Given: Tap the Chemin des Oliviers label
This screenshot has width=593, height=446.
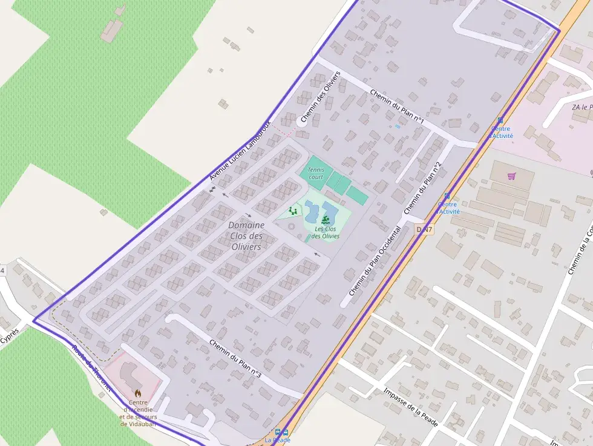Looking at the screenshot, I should [x=321, y=98].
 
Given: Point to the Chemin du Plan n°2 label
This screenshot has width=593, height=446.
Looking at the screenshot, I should [x=423, y=188].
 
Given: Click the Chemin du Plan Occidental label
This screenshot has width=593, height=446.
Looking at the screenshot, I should [x=375, y=262].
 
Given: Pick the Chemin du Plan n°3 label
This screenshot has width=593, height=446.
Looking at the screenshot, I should [x=235, y=359].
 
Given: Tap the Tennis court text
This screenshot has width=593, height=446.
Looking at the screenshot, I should [x=316, y=173].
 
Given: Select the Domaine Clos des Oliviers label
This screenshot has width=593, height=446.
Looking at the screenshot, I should [x=246, y=235].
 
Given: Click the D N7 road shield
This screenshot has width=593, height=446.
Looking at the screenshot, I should [x=424, y=229].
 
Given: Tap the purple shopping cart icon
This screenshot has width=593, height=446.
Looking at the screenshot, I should [x=512, y=176].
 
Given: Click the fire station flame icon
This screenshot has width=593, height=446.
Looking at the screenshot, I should [x=138, y=393].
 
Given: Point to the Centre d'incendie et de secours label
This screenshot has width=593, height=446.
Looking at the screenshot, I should [x=138, y=413].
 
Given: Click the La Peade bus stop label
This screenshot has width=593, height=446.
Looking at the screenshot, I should [x=277, y=441].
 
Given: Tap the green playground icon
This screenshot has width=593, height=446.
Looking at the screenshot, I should [x=293, y=211].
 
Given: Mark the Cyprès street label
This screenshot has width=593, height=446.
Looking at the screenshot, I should [x=10, y=335].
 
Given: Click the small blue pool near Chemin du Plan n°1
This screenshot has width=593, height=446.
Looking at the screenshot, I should [x=397, y=126].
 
